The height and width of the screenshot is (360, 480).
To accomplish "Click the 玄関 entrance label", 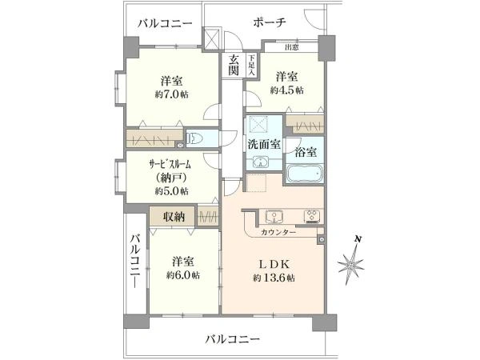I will coord(234,65).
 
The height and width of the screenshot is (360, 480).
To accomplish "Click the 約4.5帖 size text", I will coord(286,90).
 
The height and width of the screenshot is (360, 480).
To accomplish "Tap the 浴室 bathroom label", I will coord(305,150).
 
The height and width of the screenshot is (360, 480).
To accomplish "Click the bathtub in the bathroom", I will coord(304,174).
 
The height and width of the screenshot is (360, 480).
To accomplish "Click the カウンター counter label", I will coord(278,232).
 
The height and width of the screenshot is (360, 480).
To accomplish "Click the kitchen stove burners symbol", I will coord(310,216).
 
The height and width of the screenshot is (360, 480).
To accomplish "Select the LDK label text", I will coord(269,263).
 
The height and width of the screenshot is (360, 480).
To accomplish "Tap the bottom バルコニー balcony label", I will coord(232,339).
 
